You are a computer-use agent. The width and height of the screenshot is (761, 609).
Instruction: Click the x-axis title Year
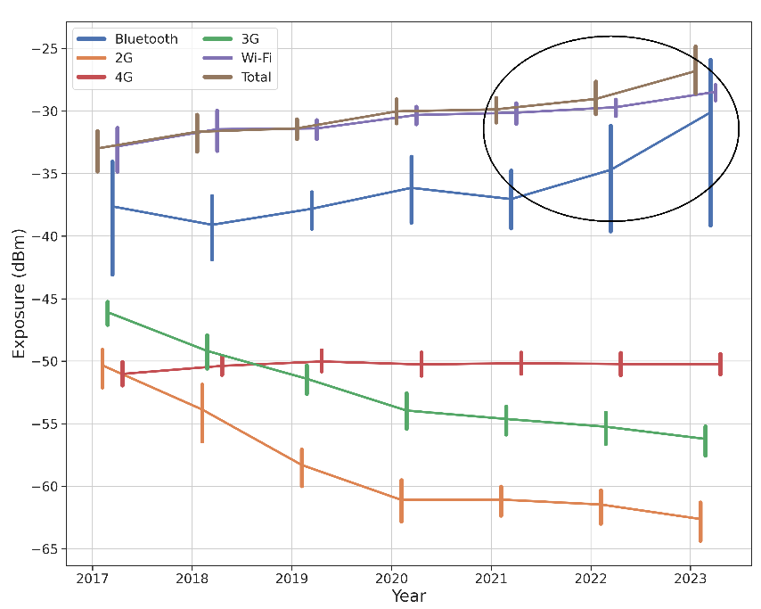point(409,595)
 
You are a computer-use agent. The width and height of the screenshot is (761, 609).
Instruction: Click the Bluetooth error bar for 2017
point(112,218)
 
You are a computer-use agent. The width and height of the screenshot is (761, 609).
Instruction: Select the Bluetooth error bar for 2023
point(710,143)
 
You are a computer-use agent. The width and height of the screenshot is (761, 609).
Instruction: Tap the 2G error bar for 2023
point(700,522)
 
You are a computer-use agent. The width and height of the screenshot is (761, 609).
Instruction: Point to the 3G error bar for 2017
point(107,313)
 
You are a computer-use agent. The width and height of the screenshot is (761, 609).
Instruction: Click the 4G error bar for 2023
point(720,364)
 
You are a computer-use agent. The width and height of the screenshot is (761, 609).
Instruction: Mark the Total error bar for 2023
point(695,70)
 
